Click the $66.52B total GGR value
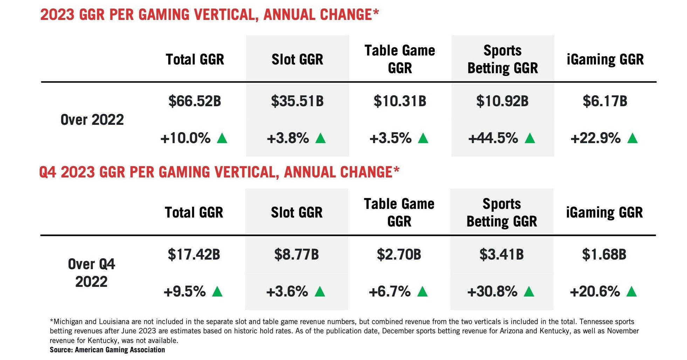[194, 101]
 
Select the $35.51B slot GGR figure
[297, 101]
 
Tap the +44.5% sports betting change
[493, 138]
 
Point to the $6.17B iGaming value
[605, 101]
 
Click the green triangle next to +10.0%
[222, 138]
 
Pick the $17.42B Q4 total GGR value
[194, 254]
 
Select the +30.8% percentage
[492, 292]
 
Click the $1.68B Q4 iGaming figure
[604, 254]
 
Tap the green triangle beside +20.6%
[631, 292]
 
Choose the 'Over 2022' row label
[92, 120]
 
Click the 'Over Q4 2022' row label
[91, 273]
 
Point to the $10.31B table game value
[400, 101]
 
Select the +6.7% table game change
[390, 292]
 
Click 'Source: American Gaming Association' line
[107, 350]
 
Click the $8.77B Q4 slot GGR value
[296, 254]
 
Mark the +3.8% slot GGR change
[288, 138]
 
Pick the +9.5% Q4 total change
[185, 292]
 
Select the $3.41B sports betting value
[501, 254]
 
